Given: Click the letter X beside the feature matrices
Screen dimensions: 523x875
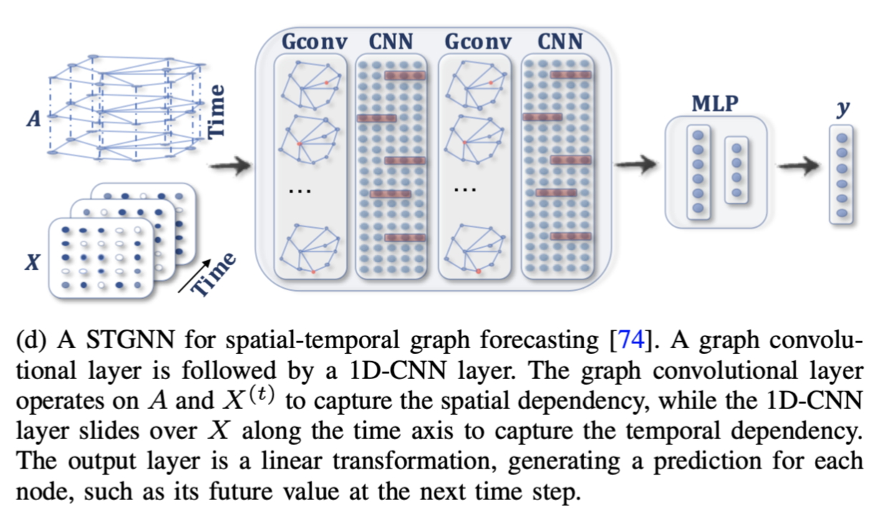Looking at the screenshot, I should (x=32, y=263).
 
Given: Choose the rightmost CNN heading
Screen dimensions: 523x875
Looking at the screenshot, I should (x=560, y=42).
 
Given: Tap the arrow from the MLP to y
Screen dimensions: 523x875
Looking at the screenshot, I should (x=797, y=165).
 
